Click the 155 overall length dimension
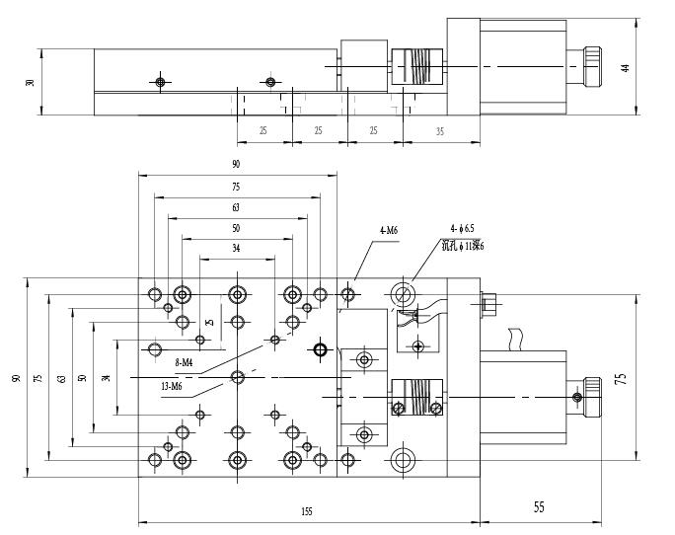click(308, 512)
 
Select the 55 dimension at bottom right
click(539, 507)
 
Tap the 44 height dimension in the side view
click(625, 68)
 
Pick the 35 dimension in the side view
click(439, 130)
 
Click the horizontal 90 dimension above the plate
click(237, 163)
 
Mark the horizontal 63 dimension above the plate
click(236, 207)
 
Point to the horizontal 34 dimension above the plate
click(236, 249)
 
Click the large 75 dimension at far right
click(621, 378)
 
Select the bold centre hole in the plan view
click(319, 348)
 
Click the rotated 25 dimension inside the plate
click(208, 321)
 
